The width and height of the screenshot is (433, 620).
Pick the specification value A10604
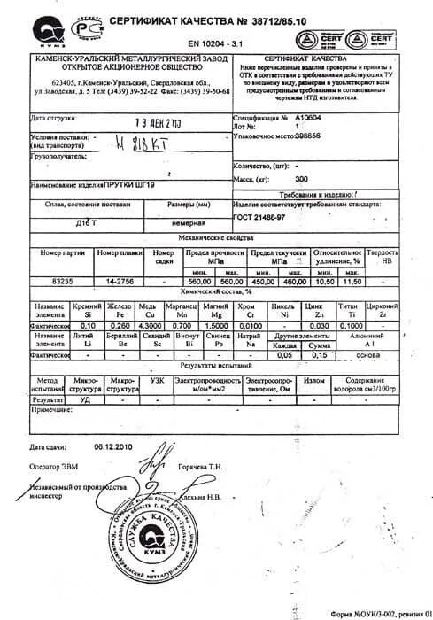point(307,116)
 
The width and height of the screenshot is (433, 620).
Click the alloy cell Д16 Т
point(87,224)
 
